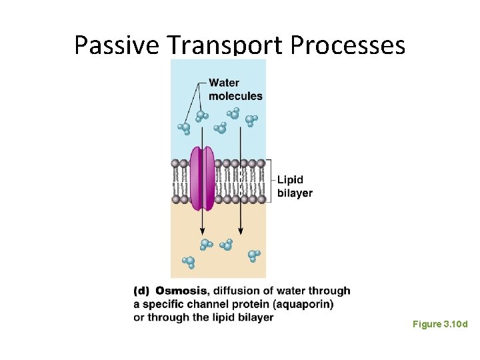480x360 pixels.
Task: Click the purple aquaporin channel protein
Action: click(x=202, y=178)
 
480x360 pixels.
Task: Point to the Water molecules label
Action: click(x=235, y=89)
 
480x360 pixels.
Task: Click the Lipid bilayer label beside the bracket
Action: click(x=294, y=186)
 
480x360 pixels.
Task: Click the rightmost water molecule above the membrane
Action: click(x=251, y=120)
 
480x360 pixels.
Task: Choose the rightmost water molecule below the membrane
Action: click(x=254, y=255)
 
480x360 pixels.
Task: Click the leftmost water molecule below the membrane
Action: click(x=189, y=262)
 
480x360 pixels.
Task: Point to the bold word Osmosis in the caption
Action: click(x=181, y=291)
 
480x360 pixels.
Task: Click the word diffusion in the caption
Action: click(x=237, y=291)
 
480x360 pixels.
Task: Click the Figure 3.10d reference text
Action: click(x=440, y=324)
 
